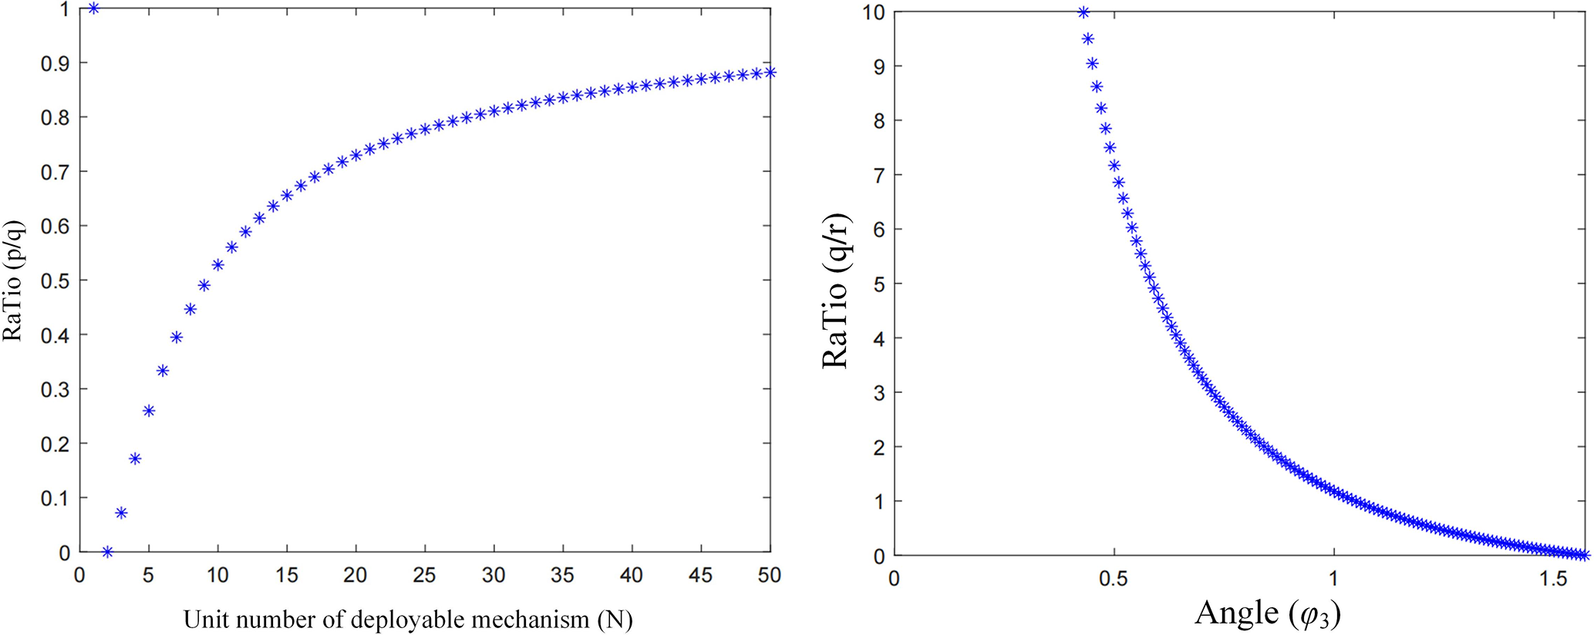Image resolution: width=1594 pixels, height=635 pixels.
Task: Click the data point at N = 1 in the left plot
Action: coord(93,8)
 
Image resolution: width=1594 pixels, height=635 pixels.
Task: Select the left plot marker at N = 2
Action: coord(107,552)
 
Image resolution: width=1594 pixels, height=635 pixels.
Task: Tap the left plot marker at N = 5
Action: coord(149,411)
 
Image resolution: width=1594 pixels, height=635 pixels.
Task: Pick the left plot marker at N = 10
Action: coord(217,265)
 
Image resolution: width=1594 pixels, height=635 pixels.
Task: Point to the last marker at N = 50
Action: coord(770,72)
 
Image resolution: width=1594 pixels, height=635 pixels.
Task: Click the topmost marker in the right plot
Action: coord(1083,12)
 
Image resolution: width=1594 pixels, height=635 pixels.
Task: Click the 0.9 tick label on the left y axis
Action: coord(54,63)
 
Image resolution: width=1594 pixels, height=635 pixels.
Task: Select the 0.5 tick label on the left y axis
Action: coord(54,281)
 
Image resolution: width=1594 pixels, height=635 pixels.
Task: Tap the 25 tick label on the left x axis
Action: coord(424,576)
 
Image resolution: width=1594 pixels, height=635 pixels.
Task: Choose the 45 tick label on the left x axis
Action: coord(700,576)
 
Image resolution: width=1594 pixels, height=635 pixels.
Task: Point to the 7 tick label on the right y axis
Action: coord(878,176)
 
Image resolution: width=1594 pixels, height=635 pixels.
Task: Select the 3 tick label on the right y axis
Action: coord(878,393)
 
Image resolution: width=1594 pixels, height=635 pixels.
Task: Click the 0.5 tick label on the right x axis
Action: coord(1114,579)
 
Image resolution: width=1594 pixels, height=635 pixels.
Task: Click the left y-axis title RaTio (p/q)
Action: coord(14,281)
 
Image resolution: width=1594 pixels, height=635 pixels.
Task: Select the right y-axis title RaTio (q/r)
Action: coord(835,291)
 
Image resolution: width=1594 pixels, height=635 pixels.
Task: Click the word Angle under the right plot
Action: coord(1236,613)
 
